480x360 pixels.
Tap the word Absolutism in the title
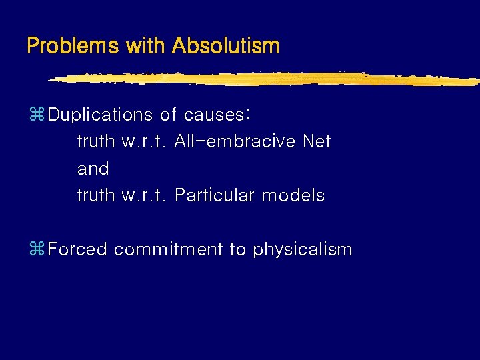point(225,46)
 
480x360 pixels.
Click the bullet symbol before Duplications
point(37,115)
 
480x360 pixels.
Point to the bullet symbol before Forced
point(37,250)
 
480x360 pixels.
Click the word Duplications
point(101,115)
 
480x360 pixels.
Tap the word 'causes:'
point(217,115)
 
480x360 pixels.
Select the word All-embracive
point(235,141)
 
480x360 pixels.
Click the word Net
point(317,141)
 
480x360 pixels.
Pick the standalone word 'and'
point(93,169)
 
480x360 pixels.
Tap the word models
point(293,195)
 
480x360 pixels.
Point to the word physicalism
point(302,250)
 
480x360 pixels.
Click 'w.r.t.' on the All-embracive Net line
point(145,142)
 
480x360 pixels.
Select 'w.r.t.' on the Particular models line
point(145,196)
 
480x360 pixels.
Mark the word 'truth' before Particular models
point(97,195)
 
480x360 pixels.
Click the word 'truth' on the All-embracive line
point(97,141)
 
